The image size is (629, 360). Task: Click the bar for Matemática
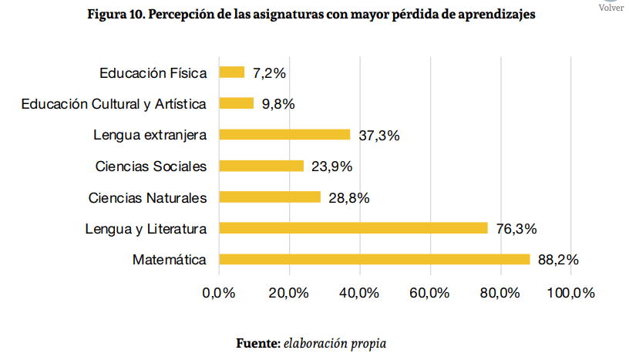(x=375, y=260)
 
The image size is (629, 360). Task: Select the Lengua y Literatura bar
(x=354, y=228)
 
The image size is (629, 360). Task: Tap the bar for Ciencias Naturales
(x=270, y=197)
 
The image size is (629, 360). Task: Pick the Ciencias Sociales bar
(x=261, y=166)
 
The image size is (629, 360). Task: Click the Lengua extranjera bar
(x=284, y=135)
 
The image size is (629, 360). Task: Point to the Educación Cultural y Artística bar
(x=237, y=103)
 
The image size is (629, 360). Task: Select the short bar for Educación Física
(x=232, y=72)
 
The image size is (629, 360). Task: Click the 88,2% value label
(x=558, y=260)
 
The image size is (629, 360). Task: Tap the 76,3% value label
(x=516, y=228)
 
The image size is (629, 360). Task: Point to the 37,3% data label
(x=378, y=135)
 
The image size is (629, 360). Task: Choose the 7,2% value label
(x=269, y=73)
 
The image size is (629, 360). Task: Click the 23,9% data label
(x=331, y=167)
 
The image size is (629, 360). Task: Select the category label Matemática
(x=170, y=260)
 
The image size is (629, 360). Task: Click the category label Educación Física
(x=153, y=73)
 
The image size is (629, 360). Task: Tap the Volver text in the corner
(x=611, y=8)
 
